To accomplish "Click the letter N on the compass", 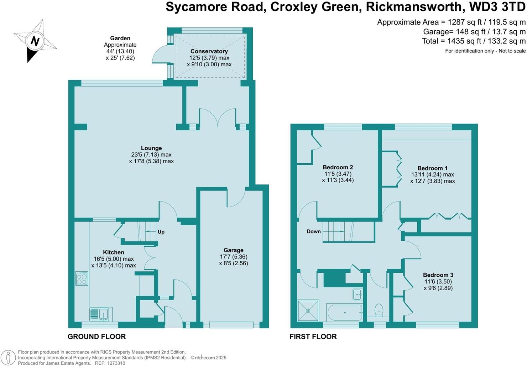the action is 35,41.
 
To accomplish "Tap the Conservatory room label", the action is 209,51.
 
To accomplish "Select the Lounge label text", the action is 151,148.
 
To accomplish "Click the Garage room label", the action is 233,250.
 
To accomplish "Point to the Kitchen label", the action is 114,252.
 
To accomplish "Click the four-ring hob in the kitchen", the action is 82,278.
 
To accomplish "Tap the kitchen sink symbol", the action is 101,314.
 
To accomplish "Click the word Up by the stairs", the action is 161,232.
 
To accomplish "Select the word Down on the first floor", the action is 314,231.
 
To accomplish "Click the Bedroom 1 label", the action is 432,168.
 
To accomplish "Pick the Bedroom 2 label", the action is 338,167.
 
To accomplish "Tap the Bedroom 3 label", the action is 438,275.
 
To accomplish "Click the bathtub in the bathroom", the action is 345,312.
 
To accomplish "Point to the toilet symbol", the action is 379,310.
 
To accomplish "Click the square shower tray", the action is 308,311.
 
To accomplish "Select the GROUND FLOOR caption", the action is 97,337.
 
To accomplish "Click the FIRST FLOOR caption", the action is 313,337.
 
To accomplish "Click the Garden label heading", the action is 120,38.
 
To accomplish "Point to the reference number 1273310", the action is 116,363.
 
